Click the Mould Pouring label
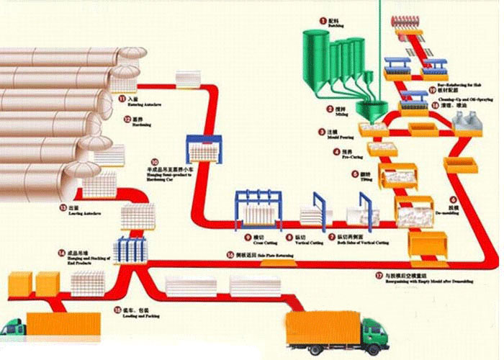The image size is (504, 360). point(341,136)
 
